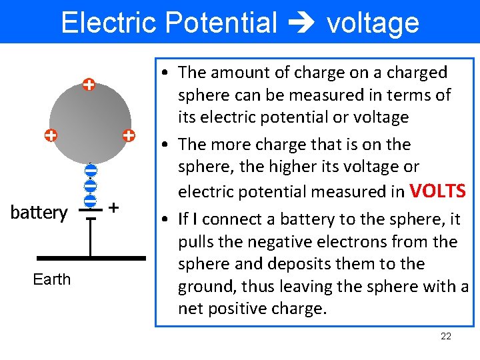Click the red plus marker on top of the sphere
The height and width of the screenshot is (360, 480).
point(89,85)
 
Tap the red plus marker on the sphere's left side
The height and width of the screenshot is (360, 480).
point(50,136)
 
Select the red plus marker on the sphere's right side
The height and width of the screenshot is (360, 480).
point(129,135)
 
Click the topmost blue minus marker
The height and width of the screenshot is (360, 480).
point(91,171)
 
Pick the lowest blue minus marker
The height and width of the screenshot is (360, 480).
point(91,199)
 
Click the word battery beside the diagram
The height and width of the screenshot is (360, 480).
point(39,213)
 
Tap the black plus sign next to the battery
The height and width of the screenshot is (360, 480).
point(113,208)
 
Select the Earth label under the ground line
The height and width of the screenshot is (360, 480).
point(51,279)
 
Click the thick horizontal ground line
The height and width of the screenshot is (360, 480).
point(91,257)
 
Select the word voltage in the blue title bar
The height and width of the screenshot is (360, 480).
point(373,23)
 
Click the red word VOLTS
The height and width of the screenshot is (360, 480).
point(437,191)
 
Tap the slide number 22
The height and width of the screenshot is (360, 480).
point(446,336)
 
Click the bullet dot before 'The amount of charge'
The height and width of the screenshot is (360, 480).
point(165,73)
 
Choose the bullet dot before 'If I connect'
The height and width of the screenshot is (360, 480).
point(165,219)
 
